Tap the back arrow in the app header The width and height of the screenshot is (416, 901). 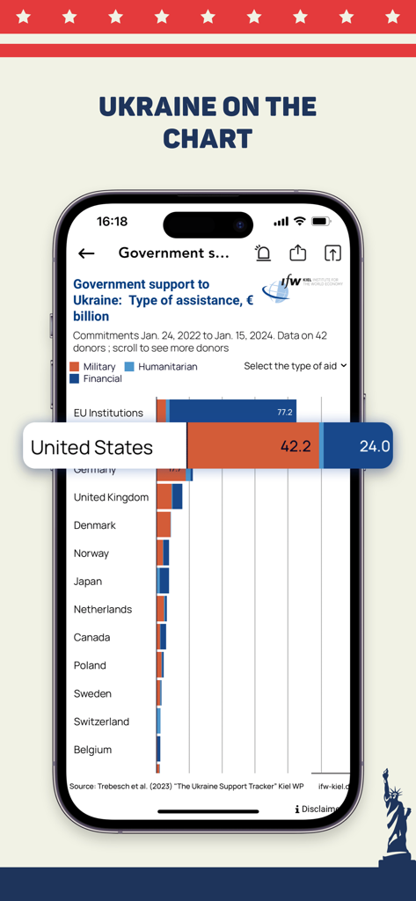[86, 253]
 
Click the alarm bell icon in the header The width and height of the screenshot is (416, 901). [263, 253]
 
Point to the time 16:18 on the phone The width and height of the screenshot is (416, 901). [112, 222]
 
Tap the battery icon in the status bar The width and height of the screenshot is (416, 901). [321, 222]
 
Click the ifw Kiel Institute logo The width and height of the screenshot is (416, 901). [301, 288]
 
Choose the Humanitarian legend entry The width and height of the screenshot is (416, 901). [160, 366]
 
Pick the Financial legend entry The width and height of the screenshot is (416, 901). [96, 378]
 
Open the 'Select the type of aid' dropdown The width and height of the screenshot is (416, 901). [295, 366]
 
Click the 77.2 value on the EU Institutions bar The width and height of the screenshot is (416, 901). [284, 412]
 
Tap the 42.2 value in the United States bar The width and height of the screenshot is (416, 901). [296, 446]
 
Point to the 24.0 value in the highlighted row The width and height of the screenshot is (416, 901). [374, 446]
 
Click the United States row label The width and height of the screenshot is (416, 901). [91, 447]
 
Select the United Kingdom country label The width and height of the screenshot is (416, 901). [111, 497]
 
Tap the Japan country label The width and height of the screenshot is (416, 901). [88, 582]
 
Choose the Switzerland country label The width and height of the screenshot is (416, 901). [101, 722]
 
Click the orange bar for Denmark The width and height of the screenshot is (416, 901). [164, 525]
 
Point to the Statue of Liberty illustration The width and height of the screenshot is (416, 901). [395, 818]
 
